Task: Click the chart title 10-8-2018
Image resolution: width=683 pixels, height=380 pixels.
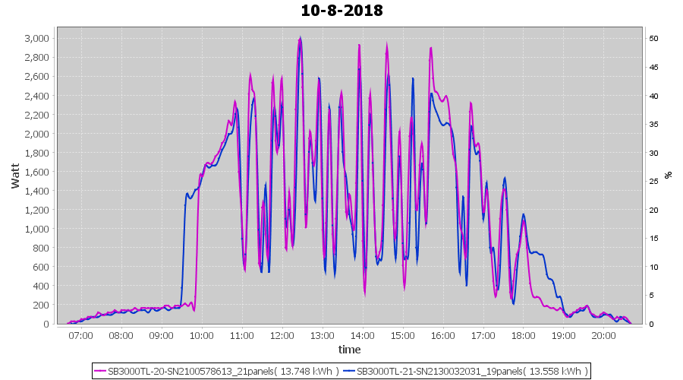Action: pyautogui.click(x=341, y=11)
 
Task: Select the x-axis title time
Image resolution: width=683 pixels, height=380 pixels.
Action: pyautogui.click(x=349, y=350)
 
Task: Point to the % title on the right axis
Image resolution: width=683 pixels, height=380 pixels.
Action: pyautogui.click(x=668, y=175)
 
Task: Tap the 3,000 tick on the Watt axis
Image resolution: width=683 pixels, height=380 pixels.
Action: pyautogui.click(x=36, y=39)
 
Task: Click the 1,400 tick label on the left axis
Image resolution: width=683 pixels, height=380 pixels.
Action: pyautogui.click(x=36, y=191)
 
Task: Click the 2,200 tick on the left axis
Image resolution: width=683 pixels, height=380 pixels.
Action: pyautogui.click(x=36, y=115)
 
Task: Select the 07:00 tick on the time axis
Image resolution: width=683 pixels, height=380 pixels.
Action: pyautogui.click(x=80, y=335)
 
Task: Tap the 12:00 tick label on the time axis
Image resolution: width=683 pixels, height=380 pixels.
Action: pyautogui.click(x=282, y=335)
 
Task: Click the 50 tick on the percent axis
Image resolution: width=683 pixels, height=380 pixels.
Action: pyautogui.click(x=653, y=39)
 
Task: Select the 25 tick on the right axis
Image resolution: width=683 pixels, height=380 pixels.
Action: pyautogui.click(x=653, y=182)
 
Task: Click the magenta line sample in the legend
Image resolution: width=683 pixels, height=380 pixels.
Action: pyautogui.click(x=101, y=371)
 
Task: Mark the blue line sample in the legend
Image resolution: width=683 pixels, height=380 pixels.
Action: pyautogui.click(x=349, y=371)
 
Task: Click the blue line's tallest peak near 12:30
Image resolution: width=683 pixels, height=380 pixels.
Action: pyautogui.click(x=301, y=37)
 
